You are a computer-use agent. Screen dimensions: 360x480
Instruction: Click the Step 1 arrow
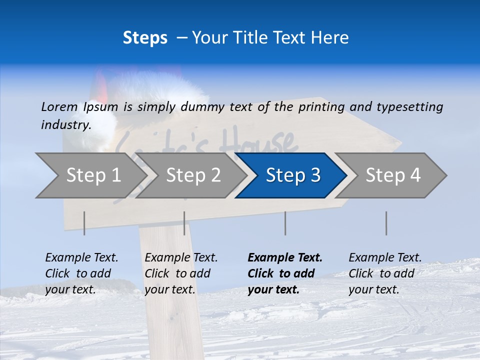tap(93, 175)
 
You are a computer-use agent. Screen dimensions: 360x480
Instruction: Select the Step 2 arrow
tap(193, 175)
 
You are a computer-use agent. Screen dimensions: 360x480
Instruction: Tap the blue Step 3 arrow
tap(293, 175)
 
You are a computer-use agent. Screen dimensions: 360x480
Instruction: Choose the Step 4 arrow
tap(393, 175)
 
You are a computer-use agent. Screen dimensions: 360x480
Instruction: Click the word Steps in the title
tap(145, 38)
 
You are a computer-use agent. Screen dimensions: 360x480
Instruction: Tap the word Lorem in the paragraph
tap(59, 106)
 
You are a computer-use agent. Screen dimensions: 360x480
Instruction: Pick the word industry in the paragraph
tap(66, 125)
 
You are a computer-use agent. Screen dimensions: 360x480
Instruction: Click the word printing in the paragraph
tap(322, 106)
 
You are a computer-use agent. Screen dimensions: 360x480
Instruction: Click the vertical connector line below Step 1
tap(84, 223)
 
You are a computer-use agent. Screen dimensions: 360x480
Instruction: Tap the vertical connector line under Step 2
tap(184, 223)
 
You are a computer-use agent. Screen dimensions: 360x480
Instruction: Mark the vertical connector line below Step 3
tap(285, 223)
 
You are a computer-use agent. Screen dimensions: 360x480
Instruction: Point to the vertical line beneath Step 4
tap(386, 223)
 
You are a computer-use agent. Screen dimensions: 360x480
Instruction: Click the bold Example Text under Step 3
tap(285, 258)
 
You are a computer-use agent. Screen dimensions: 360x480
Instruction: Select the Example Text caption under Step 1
tap(81, 258)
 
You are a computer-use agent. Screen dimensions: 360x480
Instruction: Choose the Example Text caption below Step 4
tap(385, 258)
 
